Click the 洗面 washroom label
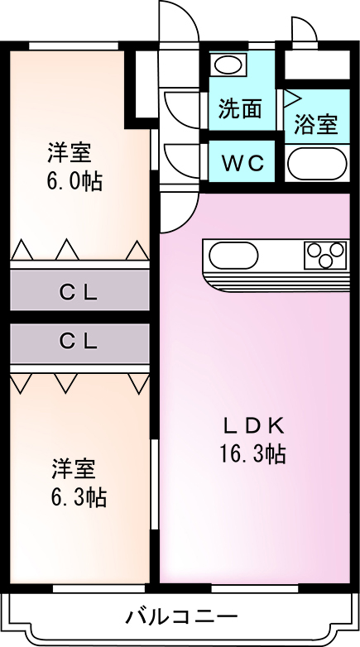pyautogui.click(x=240, y=109)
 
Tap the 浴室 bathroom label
pyautogui.click(x=316, y=124)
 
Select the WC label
pyautogui.click(x=242, y=163)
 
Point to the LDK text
pyautogui.click(x=253, y=427)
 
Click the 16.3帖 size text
pyautogui.click(x=252, y=454)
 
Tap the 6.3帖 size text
pyautogui.click(x=79, y=496)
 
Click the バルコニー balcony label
pyautogui.click(x=182, y=617)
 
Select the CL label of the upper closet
pyautogui.click(x=79, y=293)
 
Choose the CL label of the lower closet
pyautogui.click(x=79, y=341)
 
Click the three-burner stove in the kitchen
pyautogui.click(x=325, y=255)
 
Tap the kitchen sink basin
pyautogui.click(x=233, y=255)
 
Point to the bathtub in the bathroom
pyautogui.click(x=317, y=164)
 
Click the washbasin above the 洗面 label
pyautogui.click(x=228, y=65)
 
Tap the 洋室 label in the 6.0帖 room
pyautogui.click(x=69, y=152)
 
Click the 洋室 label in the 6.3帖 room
pyautogui.click(x=74, y=469)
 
